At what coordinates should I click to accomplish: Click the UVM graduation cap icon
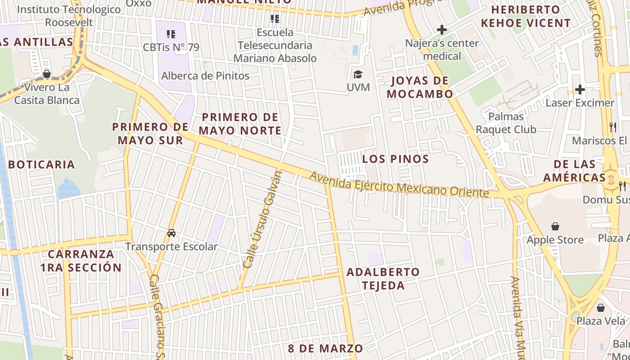(x=358, y=74)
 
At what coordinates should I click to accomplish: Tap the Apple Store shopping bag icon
(x=555, y=226)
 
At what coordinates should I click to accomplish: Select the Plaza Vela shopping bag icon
(x=600, y=308)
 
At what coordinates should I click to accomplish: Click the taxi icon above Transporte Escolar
(x=171, y=233)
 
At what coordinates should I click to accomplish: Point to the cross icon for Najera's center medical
(x=442, y=30)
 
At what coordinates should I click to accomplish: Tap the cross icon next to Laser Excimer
(x=580, y=90)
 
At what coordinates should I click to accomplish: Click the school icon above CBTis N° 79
(x=171, y=34)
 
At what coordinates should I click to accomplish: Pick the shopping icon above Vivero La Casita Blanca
(x=46, y=74)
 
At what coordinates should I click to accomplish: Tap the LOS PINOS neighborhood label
(x=396, y=159)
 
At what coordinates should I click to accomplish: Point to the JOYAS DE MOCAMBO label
(x=420, y=87)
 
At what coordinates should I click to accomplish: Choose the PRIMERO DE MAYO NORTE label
(x=240, y=124)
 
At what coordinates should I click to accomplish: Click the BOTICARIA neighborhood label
(x=41, y=164)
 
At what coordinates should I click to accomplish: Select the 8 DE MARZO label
(x=325, y=348)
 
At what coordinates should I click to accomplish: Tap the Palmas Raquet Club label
(x=506, y=123)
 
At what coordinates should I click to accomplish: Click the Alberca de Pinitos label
(x=205, y=76)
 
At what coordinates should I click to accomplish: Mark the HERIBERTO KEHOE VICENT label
(x=526, y=16)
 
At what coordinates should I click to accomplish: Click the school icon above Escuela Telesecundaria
(x=274, y=19)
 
